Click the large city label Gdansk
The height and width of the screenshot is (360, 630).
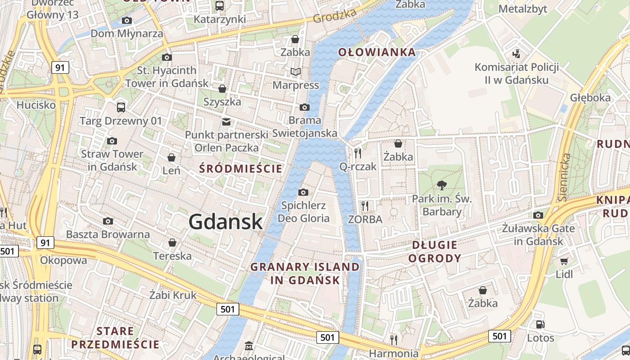[225, 222]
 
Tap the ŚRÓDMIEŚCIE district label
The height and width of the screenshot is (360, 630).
[241, 169]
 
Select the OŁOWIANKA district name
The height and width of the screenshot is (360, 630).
[377, 52]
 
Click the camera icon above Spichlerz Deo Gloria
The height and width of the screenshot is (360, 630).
[303, 193]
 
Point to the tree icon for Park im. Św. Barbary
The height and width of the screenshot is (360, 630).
[441, 184]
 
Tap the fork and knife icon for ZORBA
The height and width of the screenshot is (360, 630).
[365, 206]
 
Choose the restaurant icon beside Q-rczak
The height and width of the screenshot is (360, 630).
[358, 153]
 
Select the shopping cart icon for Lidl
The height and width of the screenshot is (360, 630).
[564, 261]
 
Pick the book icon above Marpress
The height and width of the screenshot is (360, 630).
[296, 72]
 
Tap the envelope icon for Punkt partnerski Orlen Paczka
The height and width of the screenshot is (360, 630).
[226, 121]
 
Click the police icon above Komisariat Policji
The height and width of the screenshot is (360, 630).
[516, 54]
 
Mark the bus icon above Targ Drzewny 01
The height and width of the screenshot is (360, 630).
[121, 107]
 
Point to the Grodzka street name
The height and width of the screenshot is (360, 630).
[334, 16]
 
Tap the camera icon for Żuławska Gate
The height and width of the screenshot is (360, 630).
[538, 215]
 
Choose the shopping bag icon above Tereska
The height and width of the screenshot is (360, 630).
[172, 243]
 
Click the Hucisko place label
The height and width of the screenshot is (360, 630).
[36, 105]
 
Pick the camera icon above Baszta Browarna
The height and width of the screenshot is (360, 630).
[108, 221]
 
